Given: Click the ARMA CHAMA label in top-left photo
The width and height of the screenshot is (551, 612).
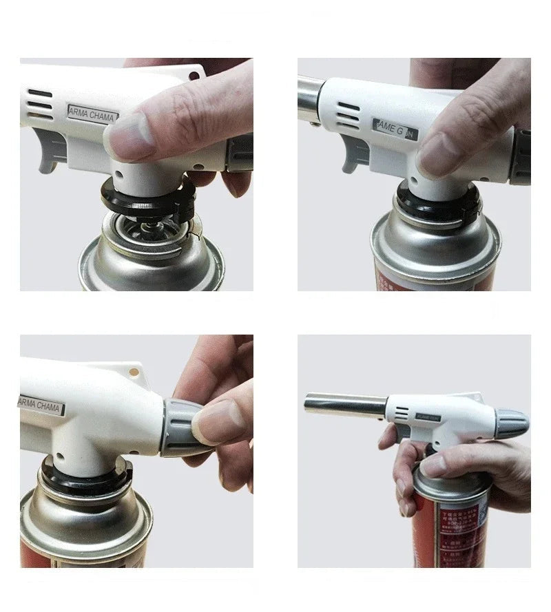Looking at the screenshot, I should [x=92, y=114].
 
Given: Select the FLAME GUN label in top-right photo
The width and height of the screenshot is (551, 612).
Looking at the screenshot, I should [x=393, y=128].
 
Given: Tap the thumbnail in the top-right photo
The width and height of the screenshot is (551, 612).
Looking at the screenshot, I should [x=435, y=156].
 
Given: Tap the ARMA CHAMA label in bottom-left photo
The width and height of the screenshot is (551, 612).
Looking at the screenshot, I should [x=41, y=405].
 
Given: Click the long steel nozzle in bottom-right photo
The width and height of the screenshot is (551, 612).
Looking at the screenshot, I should [x=344, y=405].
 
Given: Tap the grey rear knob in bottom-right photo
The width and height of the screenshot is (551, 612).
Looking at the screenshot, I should [x=512, y=423].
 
